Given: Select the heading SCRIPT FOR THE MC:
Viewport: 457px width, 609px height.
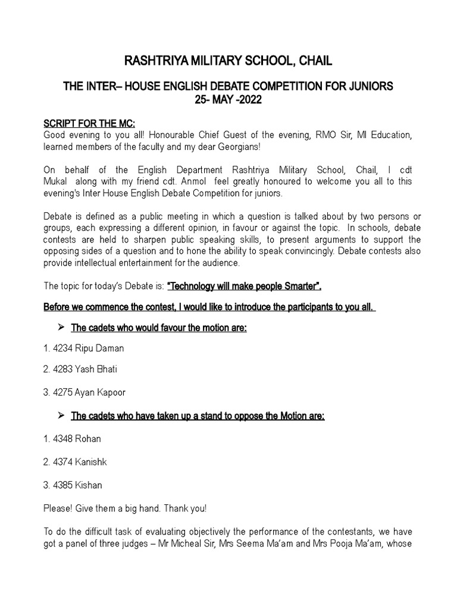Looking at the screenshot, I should [x=90, y=124].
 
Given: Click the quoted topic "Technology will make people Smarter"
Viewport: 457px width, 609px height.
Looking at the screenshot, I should [x=245, y=287].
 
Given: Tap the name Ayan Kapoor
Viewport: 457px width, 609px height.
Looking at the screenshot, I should [x=101, y=393].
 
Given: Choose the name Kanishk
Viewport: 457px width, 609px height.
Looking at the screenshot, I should [x=91, y=462].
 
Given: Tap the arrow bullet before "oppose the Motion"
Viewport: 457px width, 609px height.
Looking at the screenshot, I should [x=60, y=416].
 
